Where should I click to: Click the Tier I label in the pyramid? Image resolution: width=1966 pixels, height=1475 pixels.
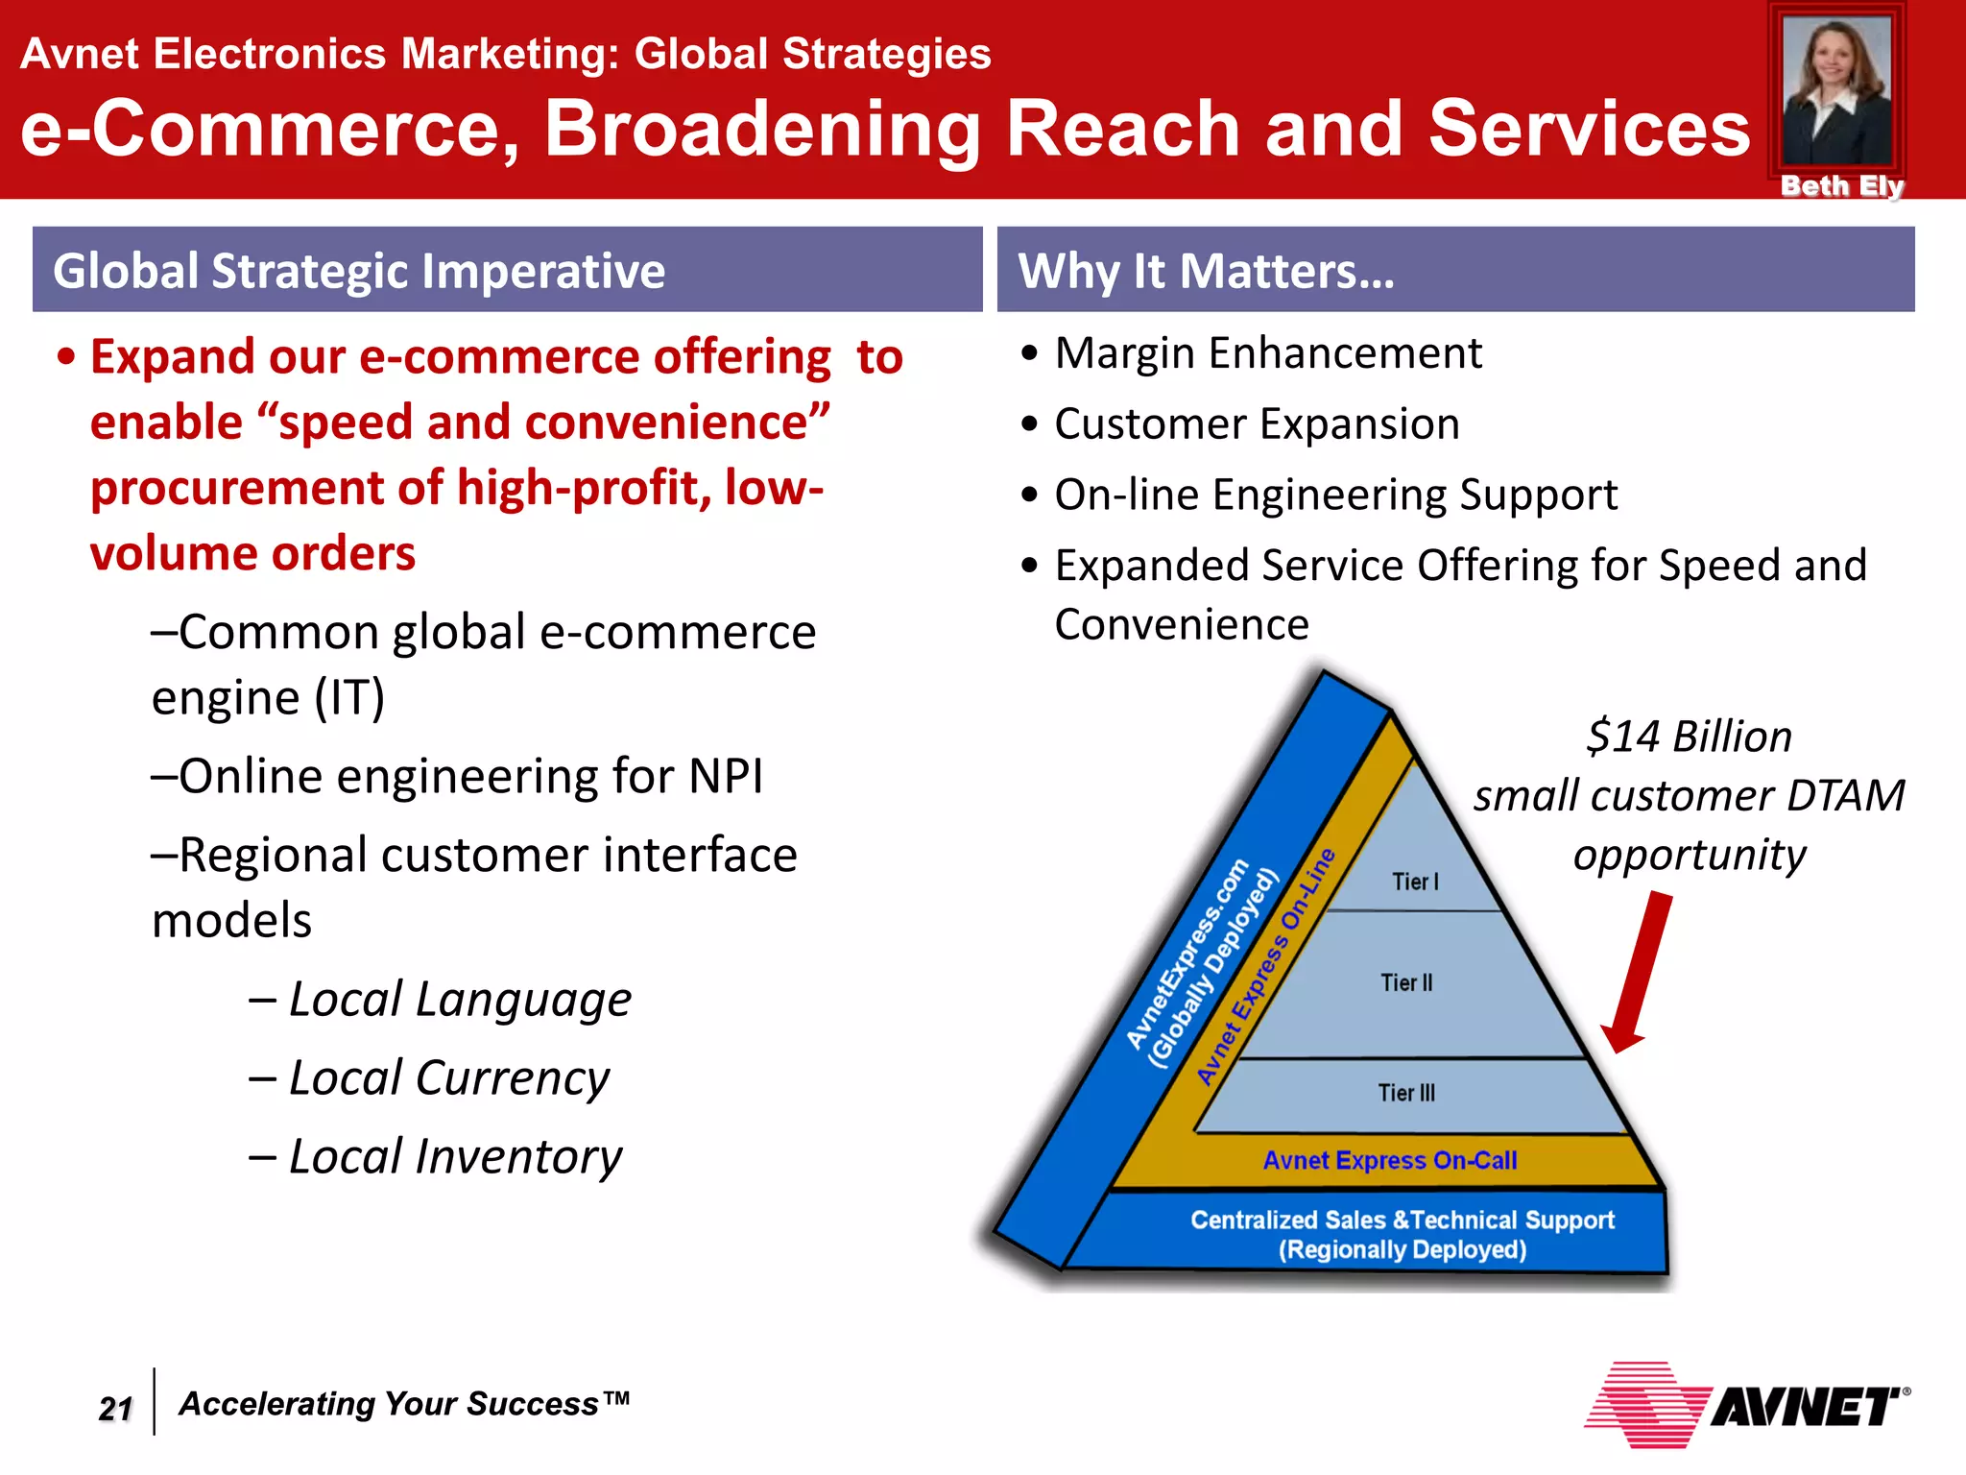pos(1415,882)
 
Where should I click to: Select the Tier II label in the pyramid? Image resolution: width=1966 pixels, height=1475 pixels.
pos(1406,982)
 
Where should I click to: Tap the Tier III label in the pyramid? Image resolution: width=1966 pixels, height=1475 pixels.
pos(1406,1093)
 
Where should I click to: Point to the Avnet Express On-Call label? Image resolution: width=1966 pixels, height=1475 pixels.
pos(1389,1161)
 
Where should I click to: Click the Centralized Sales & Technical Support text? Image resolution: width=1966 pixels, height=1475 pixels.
pos(1402,1221)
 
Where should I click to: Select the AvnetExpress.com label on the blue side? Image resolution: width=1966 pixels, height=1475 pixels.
pos(1187,955)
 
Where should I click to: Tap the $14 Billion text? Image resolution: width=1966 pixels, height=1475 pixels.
pos(1689,737)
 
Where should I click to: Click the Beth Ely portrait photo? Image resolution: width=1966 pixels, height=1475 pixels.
pos(1836,91)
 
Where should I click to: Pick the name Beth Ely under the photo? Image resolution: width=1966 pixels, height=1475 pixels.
pos(1841,186)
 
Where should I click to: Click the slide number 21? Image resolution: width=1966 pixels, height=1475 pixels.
pos(115,1408)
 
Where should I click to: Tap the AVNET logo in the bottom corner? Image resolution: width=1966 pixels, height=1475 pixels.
pos(1747,1406)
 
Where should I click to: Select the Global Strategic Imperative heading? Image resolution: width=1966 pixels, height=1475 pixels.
pos(359,271)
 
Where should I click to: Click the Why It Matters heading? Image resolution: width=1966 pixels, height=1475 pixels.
pos(1206,271)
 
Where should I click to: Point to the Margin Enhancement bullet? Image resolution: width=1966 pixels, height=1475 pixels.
pos(1267,353)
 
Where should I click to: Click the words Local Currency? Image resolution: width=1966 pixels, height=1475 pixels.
pos(448,1078)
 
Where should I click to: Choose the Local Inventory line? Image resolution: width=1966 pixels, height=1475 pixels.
pos(455,1157)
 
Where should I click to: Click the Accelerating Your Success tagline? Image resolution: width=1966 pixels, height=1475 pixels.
pos(404,1404)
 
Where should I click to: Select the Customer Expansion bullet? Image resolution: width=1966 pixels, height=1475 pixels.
pos(1257,424)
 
